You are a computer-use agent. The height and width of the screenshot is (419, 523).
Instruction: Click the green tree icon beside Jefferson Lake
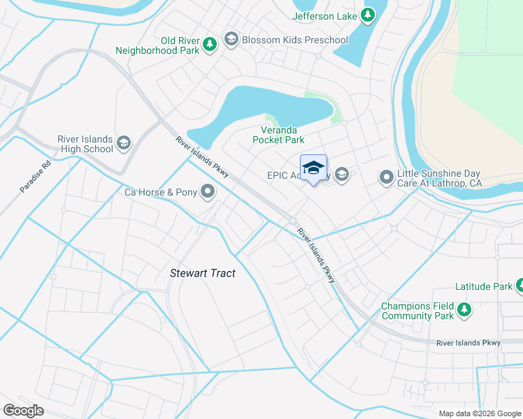[368, 15]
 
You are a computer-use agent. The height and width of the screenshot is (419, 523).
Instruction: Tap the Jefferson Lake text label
[324, 16]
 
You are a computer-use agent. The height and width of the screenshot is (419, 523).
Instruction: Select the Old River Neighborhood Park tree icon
[209, 45]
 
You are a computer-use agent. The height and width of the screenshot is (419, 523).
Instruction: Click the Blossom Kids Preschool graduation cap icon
[231, 40]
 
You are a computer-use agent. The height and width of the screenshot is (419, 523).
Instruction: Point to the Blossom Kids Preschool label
[294, 40]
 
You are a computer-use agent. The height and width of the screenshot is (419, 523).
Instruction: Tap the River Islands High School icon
[124, 143]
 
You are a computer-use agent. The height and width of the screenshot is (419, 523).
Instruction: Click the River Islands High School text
[88, 143]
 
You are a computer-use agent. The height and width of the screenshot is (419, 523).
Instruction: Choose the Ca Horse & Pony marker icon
[208, 191]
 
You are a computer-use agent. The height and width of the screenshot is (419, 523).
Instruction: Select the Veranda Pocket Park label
[278, 135]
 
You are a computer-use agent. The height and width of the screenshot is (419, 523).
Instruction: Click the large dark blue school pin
[313, 168]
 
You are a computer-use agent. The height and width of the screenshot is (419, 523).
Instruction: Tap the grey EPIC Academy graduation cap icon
[342, 175]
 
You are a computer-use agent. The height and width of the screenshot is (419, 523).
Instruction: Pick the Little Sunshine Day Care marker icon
[386, 177]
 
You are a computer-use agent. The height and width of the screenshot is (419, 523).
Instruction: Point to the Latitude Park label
[483, 286]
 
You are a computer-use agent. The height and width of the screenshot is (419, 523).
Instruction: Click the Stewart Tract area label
[203, 273]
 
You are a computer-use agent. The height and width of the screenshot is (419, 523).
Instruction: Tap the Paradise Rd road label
[35, 177]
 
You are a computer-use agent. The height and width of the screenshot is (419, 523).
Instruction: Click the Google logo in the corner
[23, 411]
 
